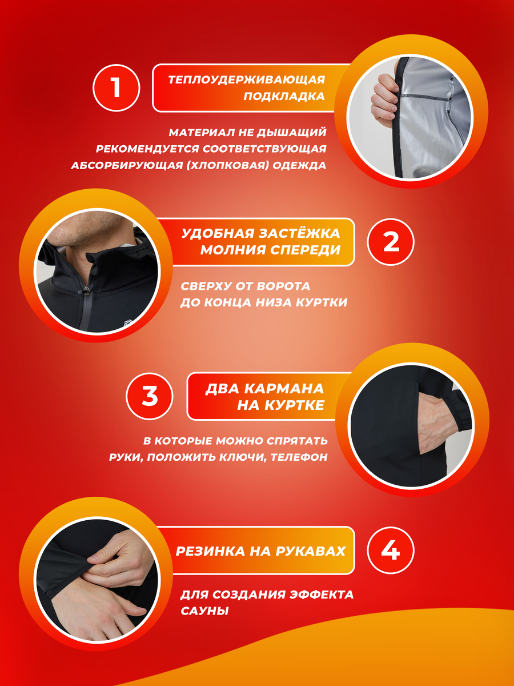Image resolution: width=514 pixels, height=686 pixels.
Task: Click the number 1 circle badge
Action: click(x=116, y=88)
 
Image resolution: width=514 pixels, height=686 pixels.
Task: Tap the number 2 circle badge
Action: click(x=391, y=242)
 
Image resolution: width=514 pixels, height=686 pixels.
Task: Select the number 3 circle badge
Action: click(x=150, y=396)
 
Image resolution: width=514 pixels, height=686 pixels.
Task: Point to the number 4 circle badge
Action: click(x=391, y=551)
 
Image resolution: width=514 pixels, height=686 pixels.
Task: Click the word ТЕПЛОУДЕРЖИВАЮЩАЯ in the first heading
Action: click(x=247, y=79)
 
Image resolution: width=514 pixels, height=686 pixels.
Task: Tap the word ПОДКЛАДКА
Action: click(x=284, y=96)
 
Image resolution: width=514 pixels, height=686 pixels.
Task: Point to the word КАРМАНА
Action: click(x=284, y=389)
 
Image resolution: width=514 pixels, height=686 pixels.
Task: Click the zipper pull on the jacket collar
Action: click(x=86, y=290)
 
